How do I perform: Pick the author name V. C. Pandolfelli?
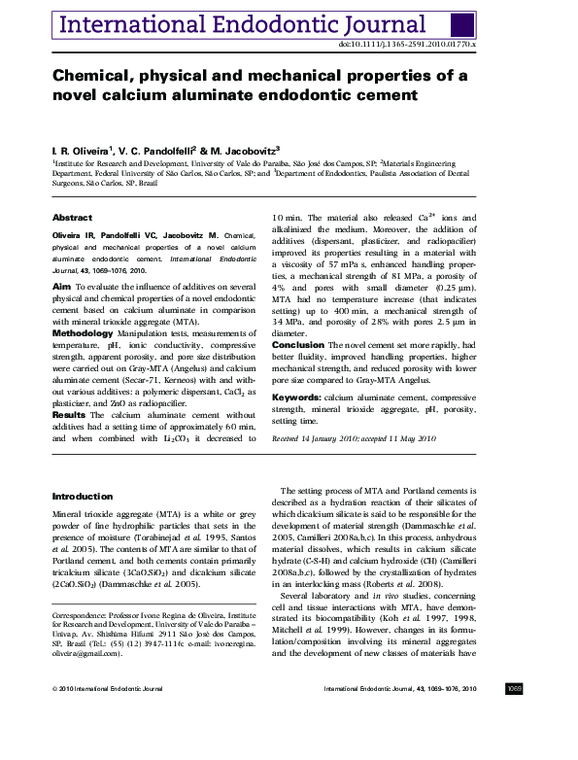tap(158, 150)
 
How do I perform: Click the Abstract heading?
tap(72, 218)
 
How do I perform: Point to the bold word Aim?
tap(60, 287)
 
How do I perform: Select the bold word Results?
tap(69, 415)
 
